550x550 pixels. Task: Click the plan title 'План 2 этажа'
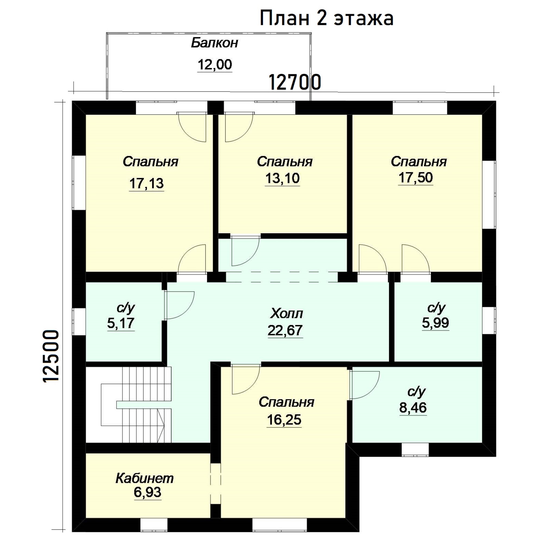tap(326, 18)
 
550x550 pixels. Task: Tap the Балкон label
tap(214, 43)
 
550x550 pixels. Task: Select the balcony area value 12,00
tap(215, 65)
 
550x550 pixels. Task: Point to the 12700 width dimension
tap(295, 82)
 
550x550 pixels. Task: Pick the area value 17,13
tap(146, 183)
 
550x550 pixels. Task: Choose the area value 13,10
tap(282, 178)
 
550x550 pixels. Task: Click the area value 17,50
tap(416, 177)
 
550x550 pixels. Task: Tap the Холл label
tap(286, 314)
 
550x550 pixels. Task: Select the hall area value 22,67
tap(285, 330)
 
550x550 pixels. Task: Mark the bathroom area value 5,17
tap(121, 323)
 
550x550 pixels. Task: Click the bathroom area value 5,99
tap(436, 323)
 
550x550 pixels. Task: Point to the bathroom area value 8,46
tap(413, 408)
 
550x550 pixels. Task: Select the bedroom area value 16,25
tap(284, 420)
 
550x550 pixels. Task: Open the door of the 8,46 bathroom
tap(365, 385)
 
